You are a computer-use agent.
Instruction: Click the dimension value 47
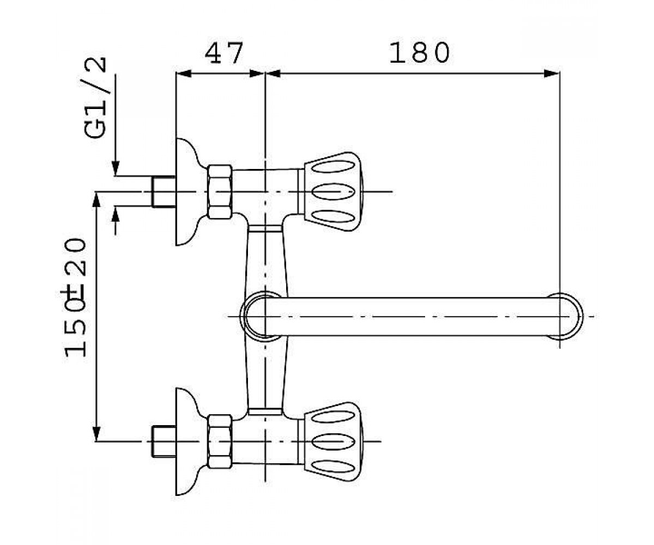(x=223, y=53)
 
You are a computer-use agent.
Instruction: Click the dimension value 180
(x=420, y=53)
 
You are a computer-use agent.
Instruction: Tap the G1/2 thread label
(x=95, y=98)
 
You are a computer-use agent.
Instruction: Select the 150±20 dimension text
(x=75, y=298)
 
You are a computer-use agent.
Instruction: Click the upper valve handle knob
(x=332, y=192)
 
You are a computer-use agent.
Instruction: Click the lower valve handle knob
(x=332, y=441)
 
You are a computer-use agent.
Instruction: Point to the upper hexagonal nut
(x=220, y=191)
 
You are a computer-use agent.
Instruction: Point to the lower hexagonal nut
(x=220, y=441)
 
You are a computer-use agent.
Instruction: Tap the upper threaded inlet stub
(x=163, y=191)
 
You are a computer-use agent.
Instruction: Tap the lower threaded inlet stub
(x=163, y=441)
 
